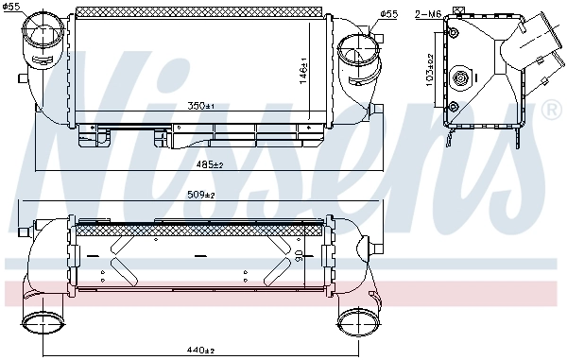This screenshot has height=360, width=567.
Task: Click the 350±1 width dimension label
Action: [x=201, y=105]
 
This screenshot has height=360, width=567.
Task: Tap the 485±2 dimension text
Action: [x=210, y=164]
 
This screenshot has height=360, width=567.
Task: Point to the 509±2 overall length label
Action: [x=200, y=196]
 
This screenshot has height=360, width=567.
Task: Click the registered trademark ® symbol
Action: [x=551, y=110]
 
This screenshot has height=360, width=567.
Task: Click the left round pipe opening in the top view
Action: [x=40, y=38]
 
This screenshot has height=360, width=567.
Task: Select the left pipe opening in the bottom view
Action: [x=40, y=325]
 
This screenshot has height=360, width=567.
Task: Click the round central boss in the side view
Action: [x=462, y=78]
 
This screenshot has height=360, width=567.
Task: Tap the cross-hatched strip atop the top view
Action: [x=200, y=10]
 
